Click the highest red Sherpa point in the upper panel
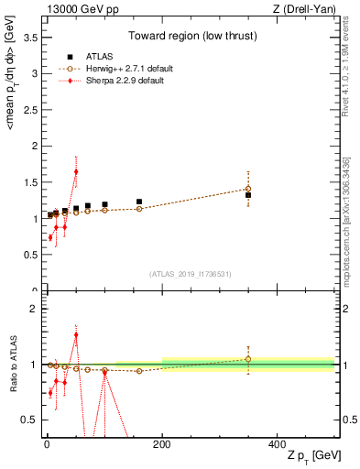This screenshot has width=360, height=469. pyautogui.click(x=76, y=171)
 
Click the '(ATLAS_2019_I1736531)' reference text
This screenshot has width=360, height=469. pyautogui.click(x=190, y=273)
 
